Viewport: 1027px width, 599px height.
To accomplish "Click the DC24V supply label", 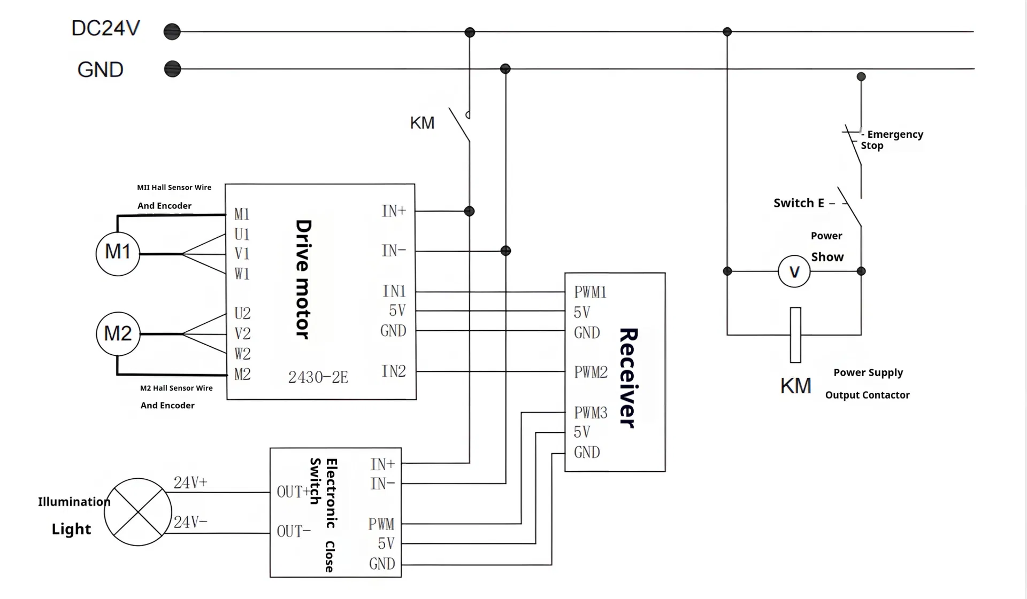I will [x=106, y=28].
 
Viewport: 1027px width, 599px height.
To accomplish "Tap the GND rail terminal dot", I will [x=172, y=69].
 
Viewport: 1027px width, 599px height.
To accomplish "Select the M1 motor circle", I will [x=118, y=253].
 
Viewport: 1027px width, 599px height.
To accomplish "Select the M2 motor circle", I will [x=118, y=334].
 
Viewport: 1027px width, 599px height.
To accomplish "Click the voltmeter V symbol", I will [x=794, y=271].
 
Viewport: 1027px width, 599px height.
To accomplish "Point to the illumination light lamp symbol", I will [x=138, y=512].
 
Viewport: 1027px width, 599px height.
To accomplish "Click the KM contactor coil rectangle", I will [x=795, y=335].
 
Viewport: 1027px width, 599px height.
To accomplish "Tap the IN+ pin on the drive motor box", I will [x=394, y=211].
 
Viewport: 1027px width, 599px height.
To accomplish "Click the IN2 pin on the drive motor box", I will [x=394, y=371].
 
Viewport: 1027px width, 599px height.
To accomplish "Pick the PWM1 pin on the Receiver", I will [x=590, y=292].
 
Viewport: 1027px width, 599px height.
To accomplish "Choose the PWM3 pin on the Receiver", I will [x=591, y=413].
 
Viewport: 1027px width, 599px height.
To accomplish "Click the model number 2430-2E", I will [x=318, y=377].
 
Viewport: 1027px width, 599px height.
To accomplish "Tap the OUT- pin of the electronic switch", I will [x=294, y=531].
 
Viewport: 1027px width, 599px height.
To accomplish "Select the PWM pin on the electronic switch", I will [x=381, y=524].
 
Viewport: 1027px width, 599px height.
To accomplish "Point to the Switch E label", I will [x=799, y=203].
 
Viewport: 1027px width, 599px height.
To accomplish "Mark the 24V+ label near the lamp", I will [x=190, y=483].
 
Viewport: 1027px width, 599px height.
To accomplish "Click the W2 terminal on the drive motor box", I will [x=242, y=354].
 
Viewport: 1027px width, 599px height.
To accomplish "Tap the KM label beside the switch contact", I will [x=422, y=123].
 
